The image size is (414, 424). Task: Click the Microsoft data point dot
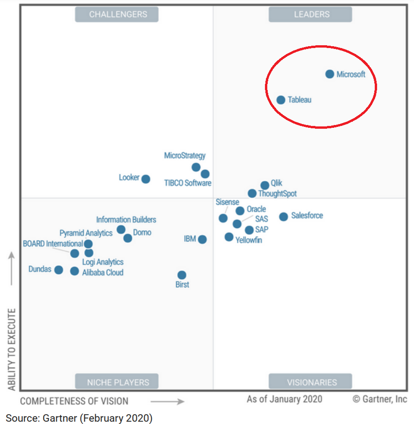[330, 74]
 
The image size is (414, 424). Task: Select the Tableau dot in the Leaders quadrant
[281, 100]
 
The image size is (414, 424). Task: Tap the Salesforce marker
[284, 216]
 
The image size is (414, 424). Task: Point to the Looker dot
[146, 179]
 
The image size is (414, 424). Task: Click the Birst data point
[182, 275]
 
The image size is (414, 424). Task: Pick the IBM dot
[202, 239]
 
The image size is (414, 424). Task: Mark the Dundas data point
[58, 270]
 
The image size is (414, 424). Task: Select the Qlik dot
[265, 185]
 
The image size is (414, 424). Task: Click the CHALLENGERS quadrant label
[117, 14]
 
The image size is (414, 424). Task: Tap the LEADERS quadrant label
[310, 14]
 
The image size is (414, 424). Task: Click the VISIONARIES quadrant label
[310, 382]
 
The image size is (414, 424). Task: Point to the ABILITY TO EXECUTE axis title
[12, 349]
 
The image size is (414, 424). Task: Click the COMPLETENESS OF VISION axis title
[74, 401]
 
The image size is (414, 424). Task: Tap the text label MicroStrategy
[185, 156]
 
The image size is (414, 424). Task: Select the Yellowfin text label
[249, 240]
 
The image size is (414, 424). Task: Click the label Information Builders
[126, 220]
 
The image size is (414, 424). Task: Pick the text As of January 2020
[284, 399]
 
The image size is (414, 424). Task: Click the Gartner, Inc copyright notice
[380, 399]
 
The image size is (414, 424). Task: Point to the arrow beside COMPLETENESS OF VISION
[167, 401]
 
